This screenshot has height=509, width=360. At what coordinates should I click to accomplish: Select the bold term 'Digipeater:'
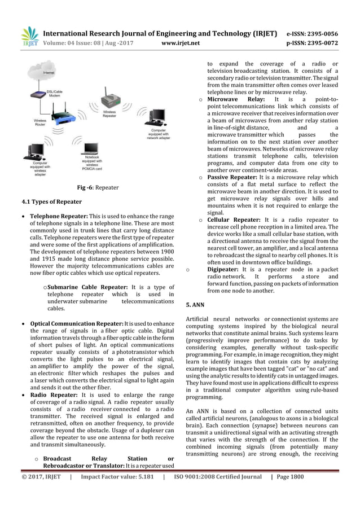pos(222,269)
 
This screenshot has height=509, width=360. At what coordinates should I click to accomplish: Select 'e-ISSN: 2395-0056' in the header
pos(317,33)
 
